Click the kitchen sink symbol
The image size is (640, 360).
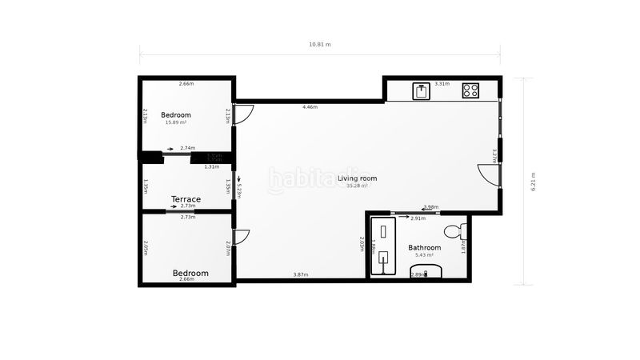click(x=422, y=90)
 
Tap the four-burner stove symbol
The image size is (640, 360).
click(x=470, y=90)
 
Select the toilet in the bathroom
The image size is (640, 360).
click(x=454, y=233)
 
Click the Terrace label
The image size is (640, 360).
click(x=186, y=199)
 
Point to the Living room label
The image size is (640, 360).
click(x=357, y=178)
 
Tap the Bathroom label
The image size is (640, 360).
click(x=425, y=248)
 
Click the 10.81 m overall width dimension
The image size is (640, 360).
click(x=320, y=45)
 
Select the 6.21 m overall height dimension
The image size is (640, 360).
click(x=533, y=181)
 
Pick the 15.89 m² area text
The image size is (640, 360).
click(x=176, y=122)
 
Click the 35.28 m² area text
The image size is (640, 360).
click(x=357, y=186)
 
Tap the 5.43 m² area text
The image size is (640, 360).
click(x=425, y=255)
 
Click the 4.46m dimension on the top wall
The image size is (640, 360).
click(x=310, y=107)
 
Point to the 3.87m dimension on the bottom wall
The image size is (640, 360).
click(x=300, y=274)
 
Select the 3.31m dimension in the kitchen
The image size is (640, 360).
click(x=442, y=84)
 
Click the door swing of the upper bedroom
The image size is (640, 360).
click(x=244, y=114)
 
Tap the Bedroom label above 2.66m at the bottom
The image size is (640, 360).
click(x=190, y=273)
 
